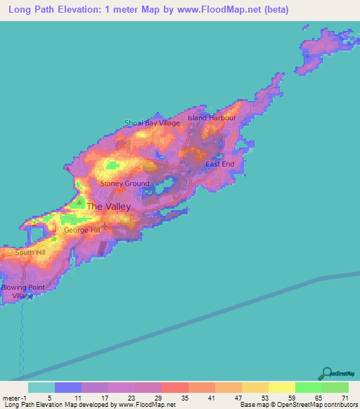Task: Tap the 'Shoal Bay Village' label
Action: (x=152, y=123)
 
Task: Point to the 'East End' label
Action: (x=219, y=164)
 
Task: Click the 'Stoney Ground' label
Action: (x=124, y=183)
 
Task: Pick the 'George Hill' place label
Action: (x=82, y=230)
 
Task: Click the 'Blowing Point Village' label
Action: (x=18, y=292)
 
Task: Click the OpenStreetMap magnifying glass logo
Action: (x=326, y=374)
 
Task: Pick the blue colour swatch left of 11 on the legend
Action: (x=67, y=387)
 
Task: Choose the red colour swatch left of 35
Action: (x=174, y=387)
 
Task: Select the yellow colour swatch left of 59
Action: (x=281, y=387)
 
